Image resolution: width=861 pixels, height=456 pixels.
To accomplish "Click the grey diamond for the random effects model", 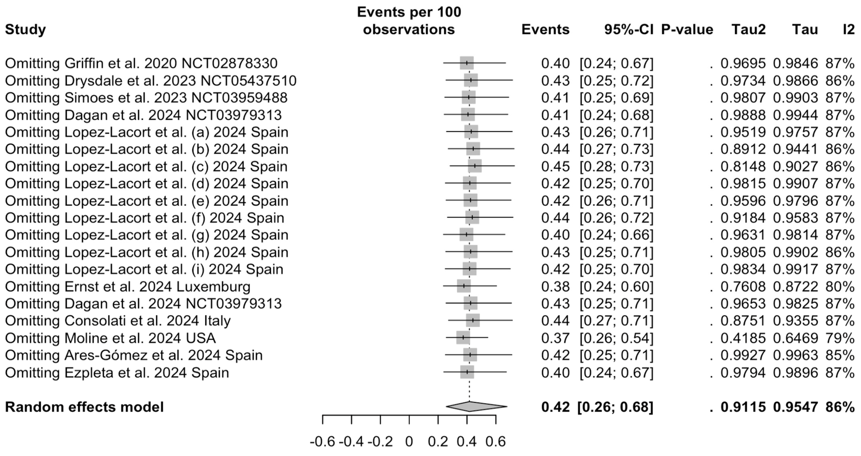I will [476, 407].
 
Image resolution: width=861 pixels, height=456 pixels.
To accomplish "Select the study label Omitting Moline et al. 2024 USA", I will [110, 338].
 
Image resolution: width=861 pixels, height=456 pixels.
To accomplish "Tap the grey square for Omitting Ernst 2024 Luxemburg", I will [464, 286].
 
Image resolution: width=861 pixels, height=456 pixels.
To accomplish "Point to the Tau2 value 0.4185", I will [743, 338].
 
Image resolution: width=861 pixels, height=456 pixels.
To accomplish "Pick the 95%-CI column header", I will [628, 29].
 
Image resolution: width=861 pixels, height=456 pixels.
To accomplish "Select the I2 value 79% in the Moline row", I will [840, 338].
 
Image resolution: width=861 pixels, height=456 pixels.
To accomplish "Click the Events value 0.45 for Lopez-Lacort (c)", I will [555, 167].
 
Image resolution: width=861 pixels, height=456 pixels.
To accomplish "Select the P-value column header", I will [687, 29].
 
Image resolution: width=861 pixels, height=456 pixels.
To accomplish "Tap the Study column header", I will [26, 29].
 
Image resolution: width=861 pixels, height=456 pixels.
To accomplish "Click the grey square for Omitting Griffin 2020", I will [467, 63].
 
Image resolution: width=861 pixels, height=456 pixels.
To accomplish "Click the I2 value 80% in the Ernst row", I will [840, 286].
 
